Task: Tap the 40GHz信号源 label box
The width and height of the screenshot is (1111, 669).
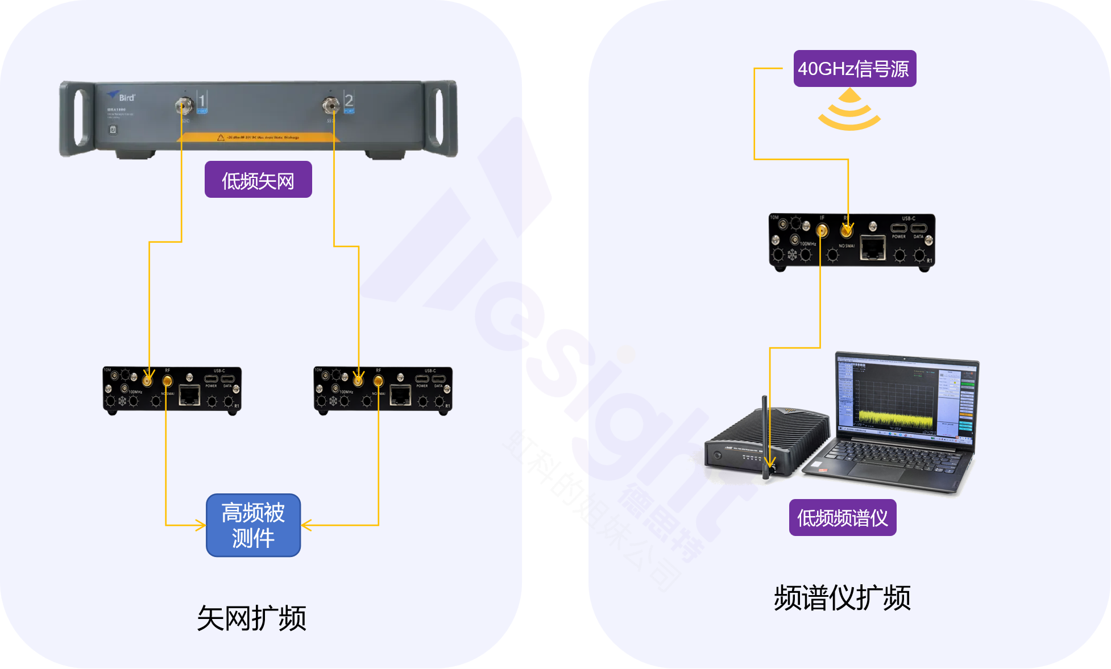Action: [x=855, y=69]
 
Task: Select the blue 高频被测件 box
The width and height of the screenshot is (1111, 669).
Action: [x=253, y=525]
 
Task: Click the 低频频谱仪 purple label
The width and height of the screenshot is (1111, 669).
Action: [x=843, y=518]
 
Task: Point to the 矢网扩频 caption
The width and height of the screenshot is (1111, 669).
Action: [x=251, y=618]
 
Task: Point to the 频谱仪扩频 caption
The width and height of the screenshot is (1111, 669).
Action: [x=842, y=598]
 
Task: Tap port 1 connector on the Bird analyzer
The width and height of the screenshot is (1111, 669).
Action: [x=183, y=105]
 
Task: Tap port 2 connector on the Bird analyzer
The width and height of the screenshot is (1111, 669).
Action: [x=331, y=105]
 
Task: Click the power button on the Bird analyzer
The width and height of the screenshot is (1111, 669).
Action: [x=113, y=130]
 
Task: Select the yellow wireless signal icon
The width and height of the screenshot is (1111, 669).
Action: [x=849, y=111]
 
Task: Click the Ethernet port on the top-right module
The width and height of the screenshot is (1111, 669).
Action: [x=872, y=248]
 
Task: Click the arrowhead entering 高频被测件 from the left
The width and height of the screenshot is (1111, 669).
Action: [x=201, y=525]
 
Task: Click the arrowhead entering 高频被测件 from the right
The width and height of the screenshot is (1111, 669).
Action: [x=306, y=525]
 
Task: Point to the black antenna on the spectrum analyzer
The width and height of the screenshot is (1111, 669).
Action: [x=765, y=432]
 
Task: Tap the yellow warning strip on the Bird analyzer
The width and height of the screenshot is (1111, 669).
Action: [x=259, y=138]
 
